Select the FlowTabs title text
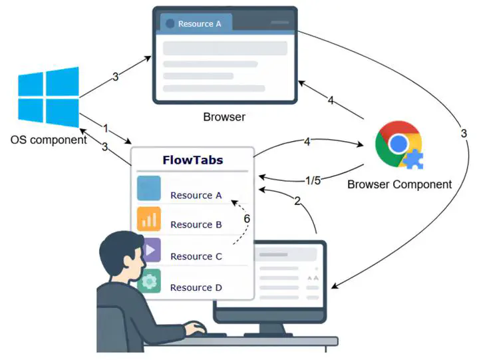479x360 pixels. coord(192,160)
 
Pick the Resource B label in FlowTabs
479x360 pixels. coord(196,225)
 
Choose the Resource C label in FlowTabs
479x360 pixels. coord(196,256)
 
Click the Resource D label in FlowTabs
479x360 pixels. coord(196,287)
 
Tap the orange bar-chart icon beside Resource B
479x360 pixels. coord(149,219)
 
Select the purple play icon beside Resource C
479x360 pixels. coord(150,250)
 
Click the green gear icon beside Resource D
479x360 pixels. coord(149,281)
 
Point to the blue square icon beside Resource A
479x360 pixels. coord(149,188)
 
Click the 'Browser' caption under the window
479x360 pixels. coord(224,117)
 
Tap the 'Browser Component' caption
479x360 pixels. coord(399,184)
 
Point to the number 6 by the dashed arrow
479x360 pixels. coord(247,218)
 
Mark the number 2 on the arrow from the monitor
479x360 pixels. coord(297,200)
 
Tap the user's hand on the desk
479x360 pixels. coord(195,328)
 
